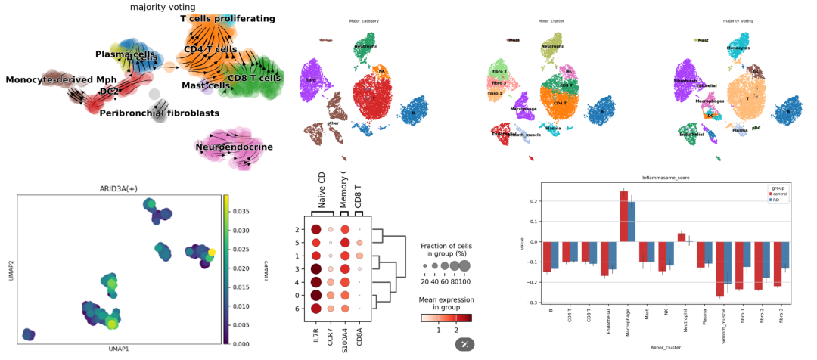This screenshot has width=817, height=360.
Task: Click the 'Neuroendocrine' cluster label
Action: (x=234, y=147)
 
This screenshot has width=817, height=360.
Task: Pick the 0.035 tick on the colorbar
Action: (x=241, y=212)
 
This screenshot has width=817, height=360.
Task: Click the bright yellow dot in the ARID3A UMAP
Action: (x=212, y=252)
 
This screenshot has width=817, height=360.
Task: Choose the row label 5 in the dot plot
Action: (x=300, y=243)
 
